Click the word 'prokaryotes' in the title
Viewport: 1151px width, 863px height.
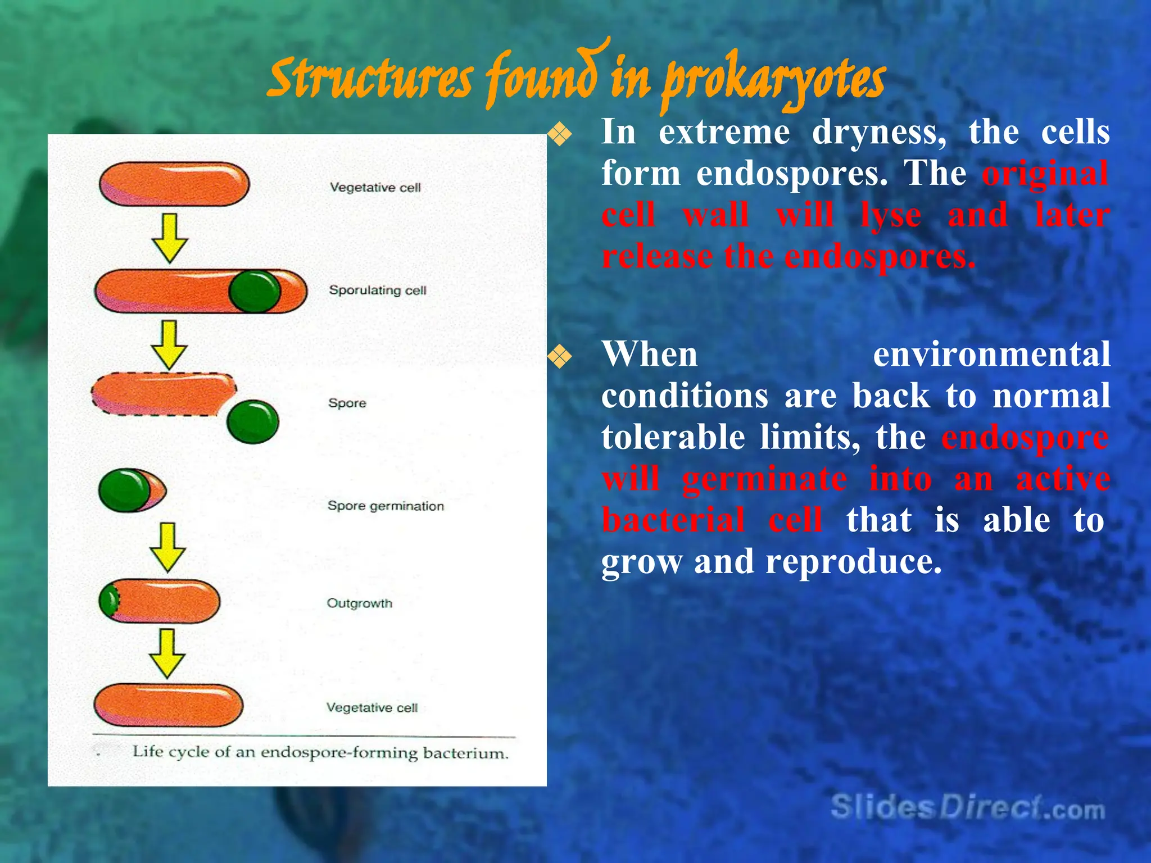point(773,81)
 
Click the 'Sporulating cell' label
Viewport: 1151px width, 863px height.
point(377,290)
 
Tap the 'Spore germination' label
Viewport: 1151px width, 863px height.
point(386,506)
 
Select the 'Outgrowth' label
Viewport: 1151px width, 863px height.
point(360,603)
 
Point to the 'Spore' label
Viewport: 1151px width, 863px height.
point(347,403)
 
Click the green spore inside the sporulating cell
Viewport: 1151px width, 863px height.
point(255,292)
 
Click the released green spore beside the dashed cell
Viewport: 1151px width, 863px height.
point(252,422)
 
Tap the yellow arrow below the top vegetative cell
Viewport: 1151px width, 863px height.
point(170,238)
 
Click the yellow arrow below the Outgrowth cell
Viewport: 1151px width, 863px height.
point(167,653)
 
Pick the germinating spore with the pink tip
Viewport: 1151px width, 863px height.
point(132,490)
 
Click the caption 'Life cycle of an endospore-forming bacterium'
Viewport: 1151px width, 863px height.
point(320,752)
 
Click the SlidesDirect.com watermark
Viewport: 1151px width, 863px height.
point(967,808)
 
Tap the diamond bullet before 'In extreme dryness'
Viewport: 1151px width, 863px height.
point(560,135)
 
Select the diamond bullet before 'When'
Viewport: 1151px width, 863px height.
point(560,357)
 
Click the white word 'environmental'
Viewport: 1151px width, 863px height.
point(991,355)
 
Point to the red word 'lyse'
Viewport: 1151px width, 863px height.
point(890,215)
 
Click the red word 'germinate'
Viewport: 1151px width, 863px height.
point(764,479)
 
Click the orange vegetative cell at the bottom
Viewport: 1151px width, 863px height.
point(168,705)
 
